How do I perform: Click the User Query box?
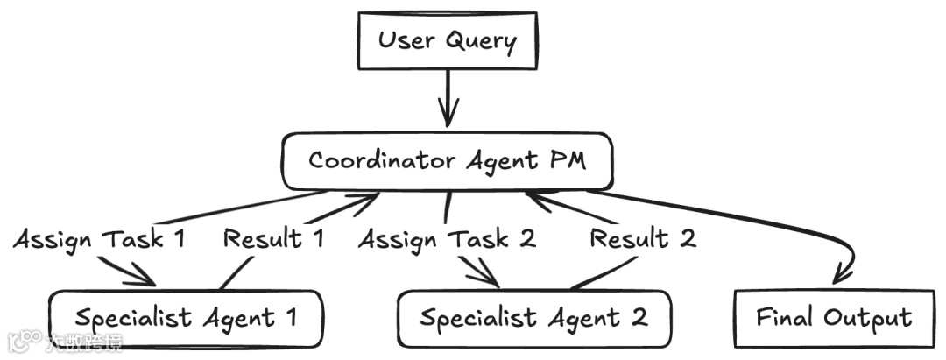pos(448,40)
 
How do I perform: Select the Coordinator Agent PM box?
pos(447,162)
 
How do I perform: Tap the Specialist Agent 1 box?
pos(186,317)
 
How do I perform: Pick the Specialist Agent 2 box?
pos(534,317)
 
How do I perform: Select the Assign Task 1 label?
pos(99,238)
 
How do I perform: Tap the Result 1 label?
pos(274,238)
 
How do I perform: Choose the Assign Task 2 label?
pos(447,238)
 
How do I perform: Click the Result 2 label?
pos(643,238)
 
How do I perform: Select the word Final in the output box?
pos(782,317)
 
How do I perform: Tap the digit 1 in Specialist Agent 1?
pos(290,317)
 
